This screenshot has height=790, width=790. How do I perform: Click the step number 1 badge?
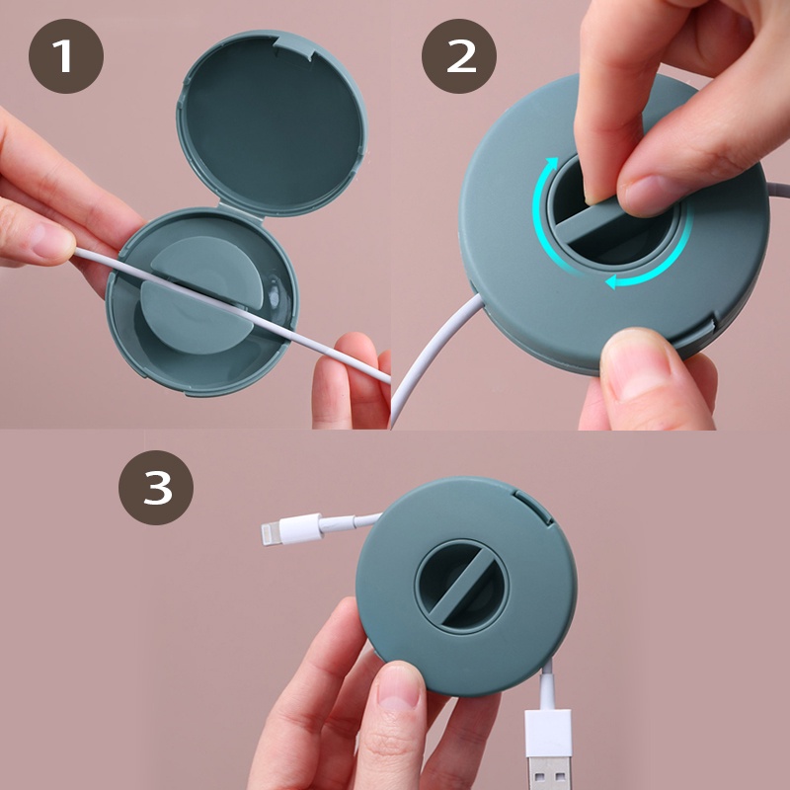point(66,56)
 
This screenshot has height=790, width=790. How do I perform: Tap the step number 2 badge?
point(458,56)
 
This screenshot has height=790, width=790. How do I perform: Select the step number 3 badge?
point(156,487)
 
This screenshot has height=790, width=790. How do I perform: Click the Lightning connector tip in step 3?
point(270,533)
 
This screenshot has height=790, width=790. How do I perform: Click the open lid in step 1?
point(272,121)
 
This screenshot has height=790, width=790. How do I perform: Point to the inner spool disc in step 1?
point(201,294)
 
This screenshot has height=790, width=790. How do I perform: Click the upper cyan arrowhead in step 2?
point(552,164)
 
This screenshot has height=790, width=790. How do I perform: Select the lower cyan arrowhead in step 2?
point(612,281)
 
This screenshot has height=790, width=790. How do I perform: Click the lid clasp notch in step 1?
point(293,47)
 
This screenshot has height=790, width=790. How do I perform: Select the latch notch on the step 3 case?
point(533,507)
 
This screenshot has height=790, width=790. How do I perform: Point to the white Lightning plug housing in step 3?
point(301,528)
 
